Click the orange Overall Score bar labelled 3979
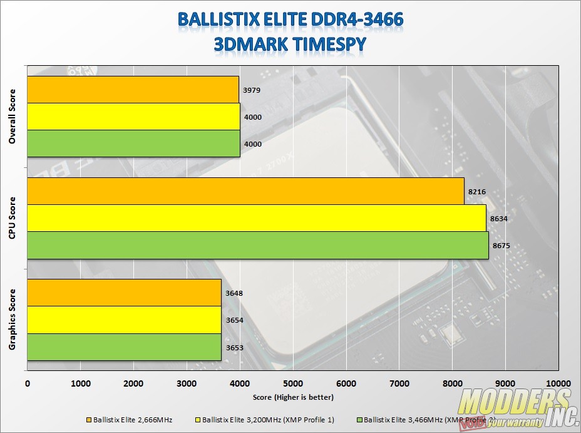click(x=133, y=90)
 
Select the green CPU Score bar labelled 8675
click(x=257, y=245)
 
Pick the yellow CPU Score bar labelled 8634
click(x=256, y=218)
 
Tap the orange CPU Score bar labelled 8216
click(x=245, y=191)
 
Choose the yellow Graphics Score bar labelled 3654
click(x=124, y=320)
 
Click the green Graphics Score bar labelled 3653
click(x=124, y=347)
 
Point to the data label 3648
click(x=234, y=293)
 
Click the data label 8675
click(x=501, y=246)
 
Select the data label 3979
click(x=252, y=90)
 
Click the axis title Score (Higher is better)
click(x=293, y=397)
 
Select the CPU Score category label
click(x=13, y=219)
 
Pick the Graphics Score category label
click(x=13, y=320)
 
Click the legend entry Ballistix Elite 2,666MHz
click(x=132, y=419)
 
